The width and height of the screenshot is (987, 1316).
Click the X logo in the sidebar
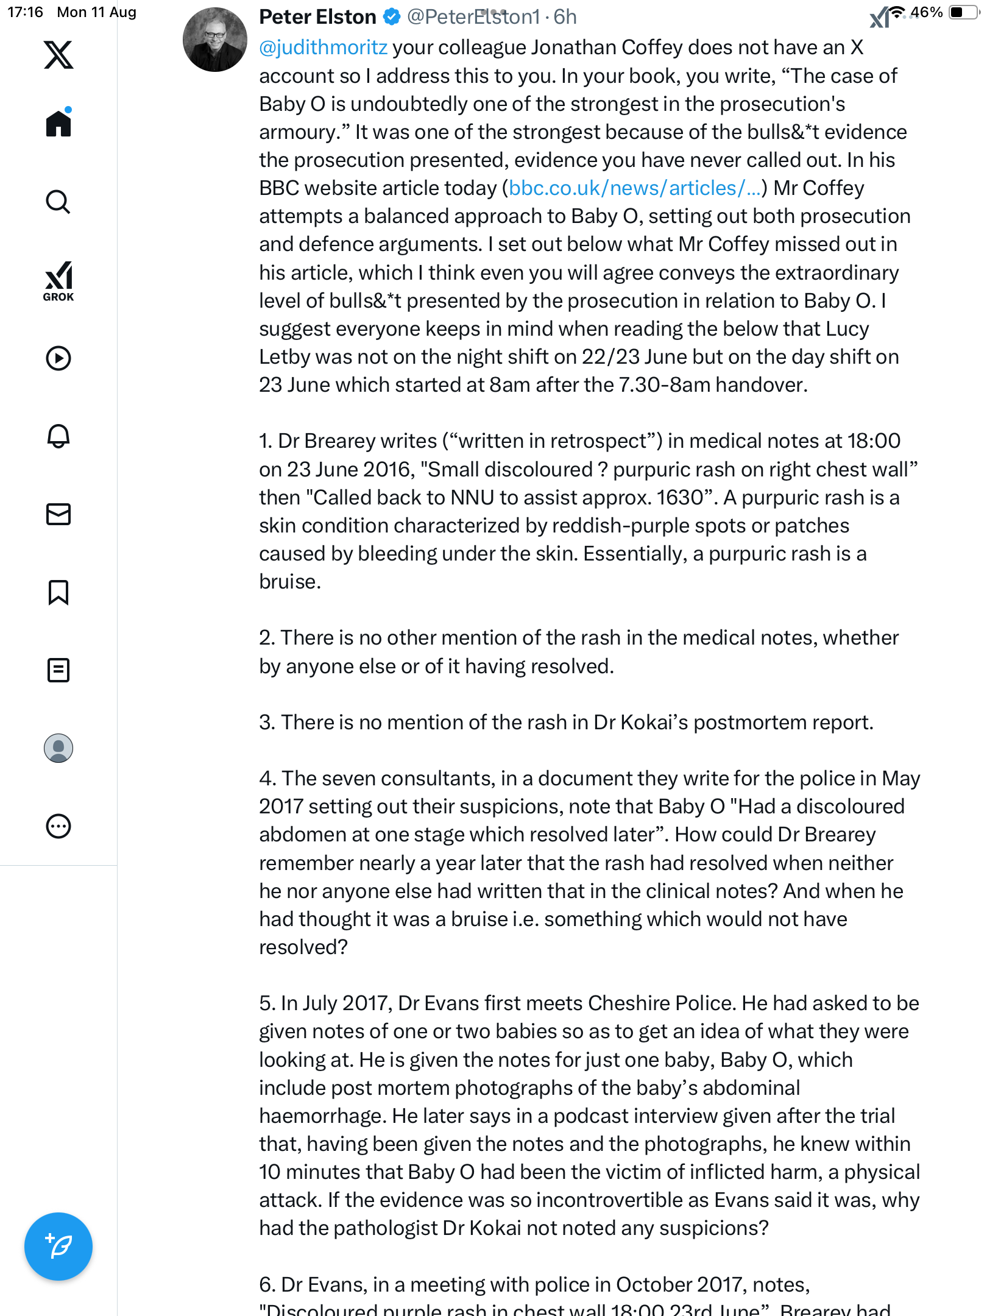click(x=58, y=55)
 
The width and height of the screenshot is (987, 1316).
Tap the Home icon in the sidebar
click(x=58, y=124)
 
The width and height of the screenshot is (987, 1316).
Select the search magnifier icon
click(x=58, y=202)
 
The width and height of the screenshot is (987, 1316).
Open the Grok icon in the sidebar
click(x=58, y=281)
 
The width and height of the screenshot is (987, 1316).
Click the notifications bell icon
click(x=58, y=436)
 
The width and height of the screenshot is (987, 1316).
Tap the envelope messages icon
click(x=58, y=514)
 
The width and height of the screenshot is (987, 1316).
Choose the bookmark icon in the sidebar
click(x=58, y=592)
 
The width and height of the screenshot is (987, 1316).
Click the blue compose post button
click(x=58, y=1247)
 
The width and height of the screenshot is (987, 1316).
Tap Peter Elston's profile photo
click(x=215, y=40)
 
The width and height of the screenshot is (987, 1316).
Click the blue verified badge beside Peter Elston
click(x=392, y=17)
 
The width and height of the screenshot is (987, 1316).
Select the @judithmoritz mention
click(x=323, y=48)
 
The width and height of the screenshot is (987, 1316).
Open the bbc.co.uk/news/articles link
click(x=634, y=188)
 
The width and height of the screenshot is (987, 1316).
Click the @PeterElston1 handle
click(x=473, y=17)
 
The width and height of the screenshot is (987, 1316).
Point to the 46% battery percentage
click(x=926, y=12)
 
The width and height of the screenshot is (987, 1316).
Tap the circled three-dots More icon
click(x=58, y=826)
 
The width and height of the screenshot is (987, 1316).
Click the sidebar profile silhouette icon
click(x=58, y=748)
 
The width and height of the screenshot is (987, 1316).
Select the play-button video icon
click(x=58, y=358)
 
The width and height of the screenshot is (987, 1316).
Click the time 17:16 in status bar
click(x=25, y=12)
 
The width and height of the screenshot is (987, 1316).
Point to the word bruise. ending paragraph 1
click(x=290, y=582)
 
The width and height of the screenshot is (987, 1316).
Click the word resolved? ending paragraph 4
click(x=303, y=947)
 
